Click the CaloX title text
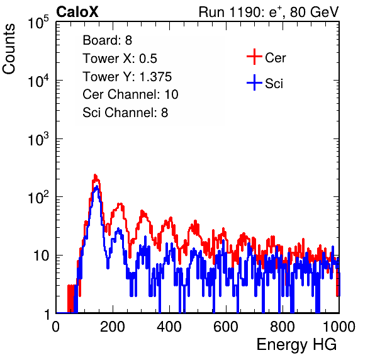[x=77, y=12]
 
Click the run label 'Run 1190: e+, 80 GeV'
[x=269, y=12]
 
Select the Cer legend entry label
[x=275, y=58]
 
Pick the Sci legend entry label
[x=274, y=84]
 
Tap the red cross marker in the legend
[x=254, y=57]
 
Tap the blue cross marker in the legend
[x=254, y=82]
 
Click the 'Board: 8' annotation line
[x=107, y=40]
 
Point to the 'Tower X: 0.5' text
[x=120, y=59]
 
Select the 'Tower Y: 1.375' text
[x=127, y=77]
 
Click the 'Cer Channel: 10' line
[x=130, y=94]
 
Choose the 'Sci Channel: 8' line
[x=125, y=113]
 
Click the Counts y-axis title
[x=9, y=49]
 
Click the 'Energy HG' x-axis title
[x=296, y=345]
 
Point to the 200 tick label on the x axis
[x=113, y=327]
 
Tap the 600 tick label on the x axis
[x=226, y=327]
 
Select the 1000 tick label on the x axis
[x=339, y=327]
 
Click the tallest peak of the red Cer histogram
[x=95, y=175]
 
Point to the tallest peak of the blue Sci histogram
[x=97, y=186]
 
